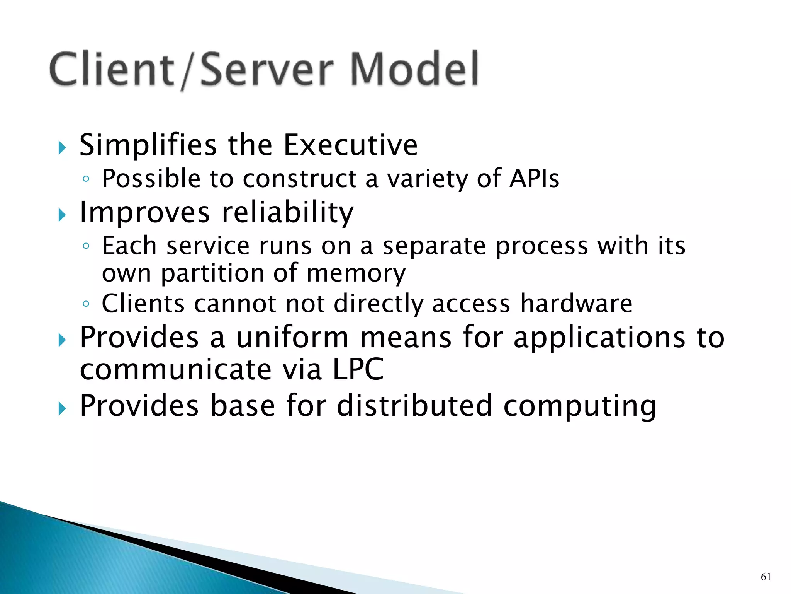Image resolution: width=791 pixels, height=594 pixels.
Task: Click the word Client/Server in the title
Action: tap(191, 70)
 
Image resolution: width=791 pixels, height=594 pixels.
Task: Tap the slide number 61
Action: tap(766, 577)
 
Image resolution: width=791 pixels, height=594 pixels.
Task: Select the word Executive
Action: tap(350, 145)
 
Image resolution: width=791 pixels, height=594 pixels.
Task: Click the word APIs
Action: tap(534, 179)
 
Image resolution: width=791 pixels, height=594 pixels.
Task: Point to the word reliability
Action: tap(288, 213)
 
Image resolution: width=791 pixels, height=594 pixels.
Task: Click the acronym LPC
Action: tap(358, 369)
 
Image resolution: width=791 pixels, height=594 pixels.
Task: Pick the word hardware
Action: tap(576, 303)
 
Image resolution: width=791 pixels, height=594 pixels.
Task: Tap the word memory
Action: tap(356, 273)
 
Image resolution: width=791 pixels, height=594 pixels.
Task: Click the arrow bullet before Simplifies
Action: tap(62, 148)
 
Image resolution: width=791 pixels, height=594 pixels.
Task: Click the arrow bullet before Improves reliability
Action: tap(62, 215)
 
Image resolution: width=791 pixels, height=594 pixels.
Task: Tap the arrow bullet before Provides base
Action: tap(62, 408)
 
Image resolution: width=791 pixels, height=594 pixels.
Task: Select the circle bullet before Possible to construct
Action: tap(86, 179)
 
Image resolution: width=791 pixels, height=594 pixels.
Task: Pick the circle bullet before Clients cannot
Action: tap(86, 304)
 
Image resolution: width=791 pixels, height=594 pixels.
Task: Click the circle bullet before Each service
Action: tap(86, 246)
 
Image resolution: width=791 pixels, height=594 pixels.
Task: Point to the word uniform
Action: tap(292, 337)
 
